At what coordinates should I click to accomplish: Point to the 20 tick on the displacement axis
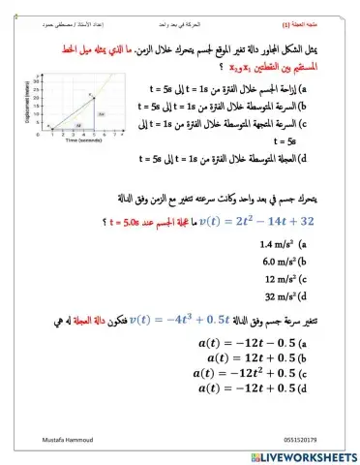click(x=37, y=97)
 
